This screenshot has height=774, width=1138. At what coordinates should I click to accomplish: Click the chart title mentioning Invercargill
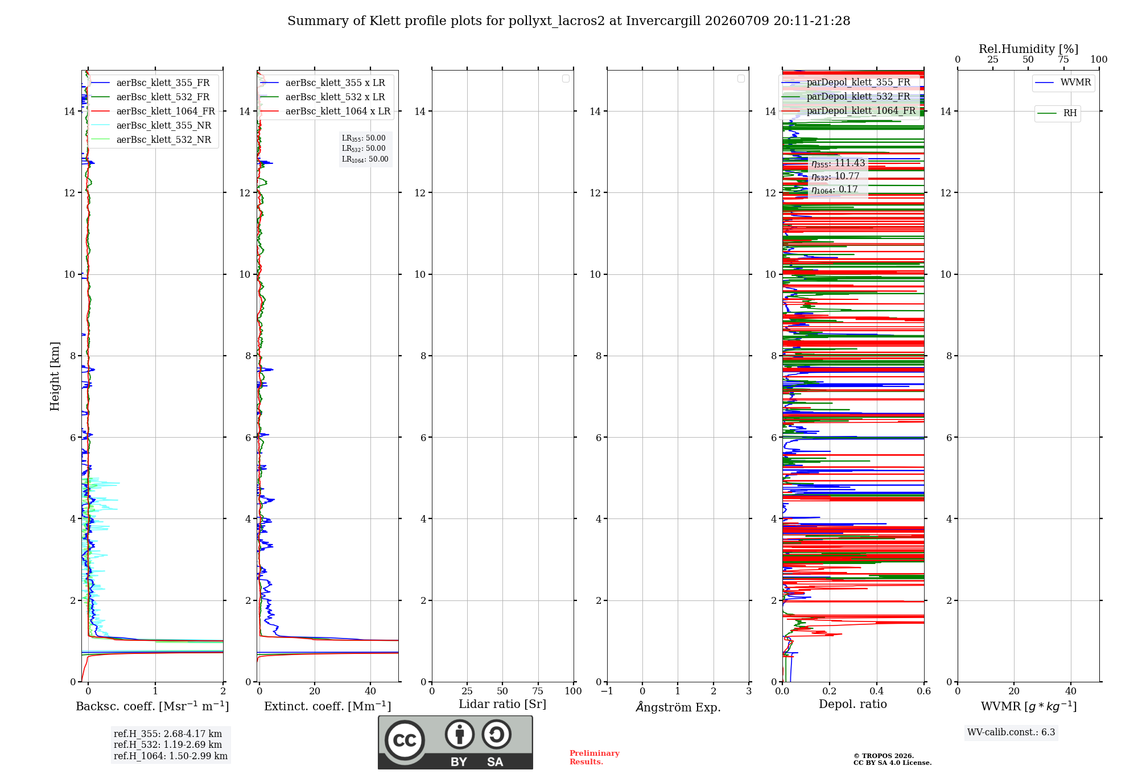[x=568, y=21]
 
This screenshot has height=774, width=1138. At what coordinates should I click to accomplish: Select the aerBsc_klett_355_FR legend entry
[x=151, y=83]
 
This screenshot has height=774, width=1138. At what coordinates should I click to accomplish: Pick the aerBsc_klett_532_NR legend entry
[x=151, y=140]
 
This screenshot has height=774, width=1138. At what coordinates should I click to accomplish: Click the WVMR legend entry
[x=1063, y=83]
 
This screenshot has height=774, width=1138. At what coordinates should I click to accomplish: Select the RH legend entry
[x=1057, y=113]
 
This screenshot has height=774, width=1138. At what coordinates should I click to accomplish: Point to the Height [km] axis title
[x=55, y=376]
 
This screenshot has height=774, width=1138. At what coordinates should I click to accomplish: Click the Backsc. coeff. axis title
[x=152, y=706]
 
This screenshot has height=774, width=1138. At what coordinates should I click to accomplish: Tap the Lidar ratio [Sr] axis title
[x=502, y=704]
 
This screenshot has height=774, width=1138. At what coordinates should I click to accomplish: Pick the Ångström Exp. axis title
[x=678, y=706]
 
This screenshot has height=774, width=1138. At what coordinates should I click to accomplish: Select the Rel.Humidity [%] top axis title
[x=1029, y=49]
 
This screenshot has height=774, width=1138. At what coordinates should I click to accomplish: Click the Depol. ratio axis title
[x=853, y=704]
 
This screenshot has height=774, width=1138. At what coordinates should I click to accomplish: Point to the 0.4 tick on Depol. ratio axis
[x=877, y=691]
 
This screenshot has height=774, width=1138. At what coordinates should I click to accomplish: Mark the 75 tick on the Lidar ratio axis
[x=538, y=691]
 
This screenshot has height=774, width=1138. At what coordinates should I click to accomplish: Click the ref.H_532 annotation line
[x=168, y=745]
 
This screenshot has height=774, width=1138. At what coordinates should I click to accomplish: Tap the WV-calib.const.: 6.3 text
[x=1011, y=732]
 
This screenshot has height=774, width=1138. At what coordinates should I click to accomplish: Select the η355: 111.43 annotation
[x=838, y=163]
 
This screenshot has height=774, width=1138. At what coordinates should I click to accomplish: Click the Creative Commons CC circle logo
[x=405, y=740]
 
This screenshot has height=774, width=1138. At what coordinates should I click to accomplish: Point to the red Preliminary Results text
[x=595, y=757]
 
